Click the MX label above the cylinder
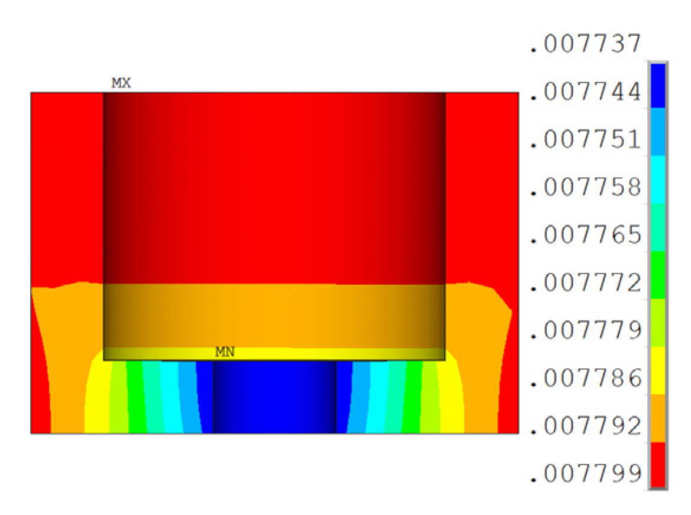coord(121,83)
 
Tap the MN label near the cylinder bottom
coord(225,352)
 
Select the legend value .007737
coord(585,44)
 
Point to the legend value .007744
coord(585,92)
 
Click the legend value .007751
coord(585,140)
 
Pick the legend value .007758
coord(585,187)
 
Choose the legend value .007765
coord(585,235)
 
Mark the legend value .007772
coord(585,283)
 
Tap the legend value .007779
coord(585,330)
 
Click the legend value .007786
coord(585,378)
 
